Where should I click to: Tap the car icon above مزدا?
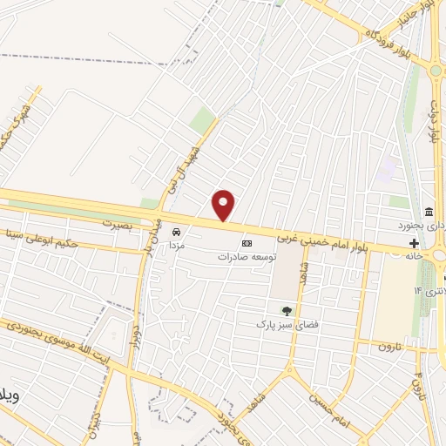[x=177, y=233]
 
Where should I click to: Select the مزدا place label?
[x=178, y=247]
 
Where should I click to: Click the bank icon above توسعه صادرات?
[x=247, y=243]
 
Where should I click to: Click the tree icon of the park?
[x=286, y=310]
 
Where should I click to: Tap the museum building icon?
[x=429, y=213]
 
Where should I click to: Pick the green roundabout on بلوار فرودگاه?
[x=434, y=71]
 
